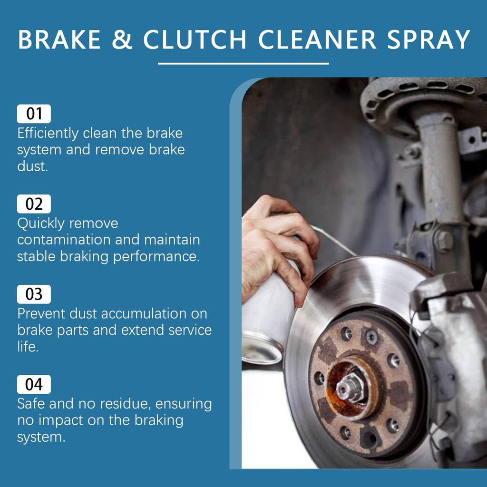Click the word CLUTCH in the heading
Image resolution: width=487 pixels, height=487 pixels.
195,39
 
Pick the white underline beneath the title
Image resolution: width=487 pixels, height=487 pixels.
243,63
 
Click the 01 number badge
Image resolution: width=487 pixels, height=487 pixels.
34,114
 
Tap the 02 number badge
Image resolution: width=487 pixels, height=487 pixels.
34,204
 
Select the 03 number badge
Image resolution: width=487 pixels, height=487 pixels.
34,294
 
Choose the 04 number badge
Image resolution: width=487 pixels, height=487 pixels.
34,384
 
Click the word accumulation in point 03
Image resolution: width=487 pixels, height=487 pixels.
146,313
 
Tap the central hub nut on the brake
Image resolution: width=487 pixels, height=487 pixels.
350,386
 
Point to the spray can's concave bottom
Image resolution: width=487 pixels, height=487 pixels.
262,348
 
